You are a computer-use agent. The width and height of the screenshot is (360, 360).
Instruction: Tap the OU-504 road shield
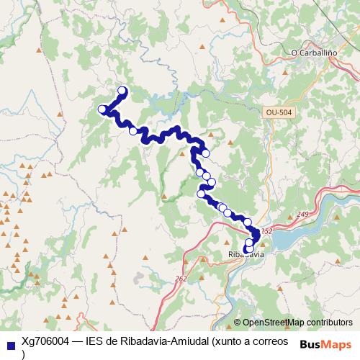(x=279, y=113)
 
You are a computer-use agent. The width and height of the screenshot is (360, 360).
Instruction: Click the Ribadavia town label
(x=246, y=255)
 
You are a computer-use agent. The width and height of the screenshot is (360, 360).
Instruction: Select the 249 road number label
(x=302, y=215)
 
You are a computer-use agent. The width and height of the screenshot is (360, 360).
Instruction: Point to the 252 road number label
(x=267, y=231)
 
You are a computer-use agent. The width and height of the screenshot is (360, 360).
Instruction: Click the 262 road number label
(x=181, y=278)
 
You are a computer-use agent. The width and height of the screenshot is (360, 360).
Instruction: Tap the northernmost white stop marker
(x=122, y=91)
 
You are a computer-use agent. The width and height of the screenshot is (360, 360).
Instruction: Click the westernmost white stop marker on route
(x=102, y=109)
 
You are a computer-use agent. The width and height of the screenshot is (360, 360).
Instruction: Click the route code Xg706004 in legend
(x=45, y=341)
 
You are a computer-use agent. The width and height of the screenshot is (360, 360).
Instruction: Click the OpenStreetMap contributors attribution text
(x=297, y=323)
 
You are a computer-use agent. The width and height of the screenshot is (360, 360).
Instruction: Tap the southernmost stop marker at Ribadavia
(x=249, y=250)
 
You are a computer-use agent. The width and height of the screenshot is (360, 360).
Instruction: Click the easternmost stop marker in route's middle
(x=212, y=181)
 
